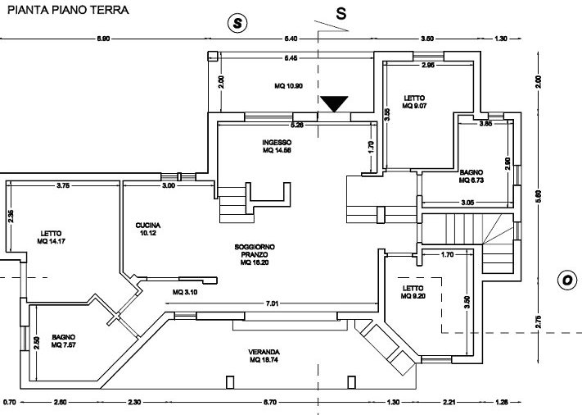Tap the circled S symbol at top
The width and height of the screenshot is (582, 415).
click(x=237, y=23)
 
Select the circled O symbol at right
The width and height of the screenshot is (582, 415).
click(x=566, y=279)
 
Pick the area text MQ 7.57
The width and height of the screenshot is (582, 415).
click(x=65, y=345)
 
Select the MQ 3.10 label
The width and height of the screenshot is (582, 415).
click(x=185, y=292)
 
